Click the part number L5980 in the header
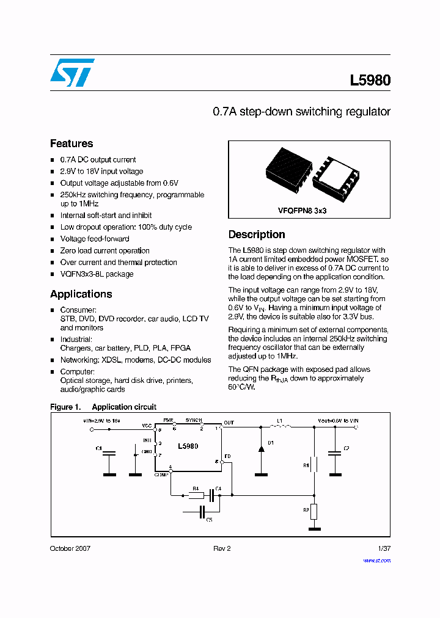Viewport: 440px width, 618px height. click(x=370, y=80)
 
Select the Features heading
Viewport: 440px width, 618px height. click(x=71, y=144)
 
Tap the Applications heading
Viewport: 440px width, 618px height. click(x=81, y=294)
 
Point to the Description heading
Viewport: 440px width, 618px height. click(x=257, y=234)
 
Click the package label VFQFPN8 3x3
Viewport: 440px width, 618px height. click(x=302, y=209)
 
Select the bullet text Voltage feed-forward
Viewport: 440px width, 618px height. click(x=94, y=239)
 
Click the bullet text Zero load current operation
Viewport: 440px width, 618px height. click(x=105, y=250)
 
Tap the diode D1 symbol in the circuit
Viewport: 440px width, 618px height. click(x=261, y=449)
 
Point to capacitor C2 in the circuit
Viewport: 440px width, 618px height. click(x=334, y=453)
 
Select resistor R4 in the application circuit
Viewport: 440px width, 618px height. click(x=196, y=495)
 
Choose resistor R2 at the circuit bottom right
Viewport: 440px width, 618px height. click(x=313, y=511)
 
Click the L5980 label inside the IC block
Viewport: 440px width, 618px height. click(x=188, y=446)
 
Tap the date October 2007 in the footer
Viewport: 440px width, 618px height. click(x=70, y=548)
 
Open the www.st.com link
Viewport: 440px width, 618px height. click(x=376, y=560)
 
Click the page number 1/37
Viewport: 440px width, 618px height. click(x=383, y=548)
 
